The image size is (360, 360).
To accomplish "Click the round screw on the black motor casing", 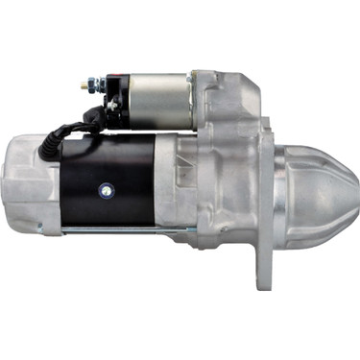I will (x=99, y=189).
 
